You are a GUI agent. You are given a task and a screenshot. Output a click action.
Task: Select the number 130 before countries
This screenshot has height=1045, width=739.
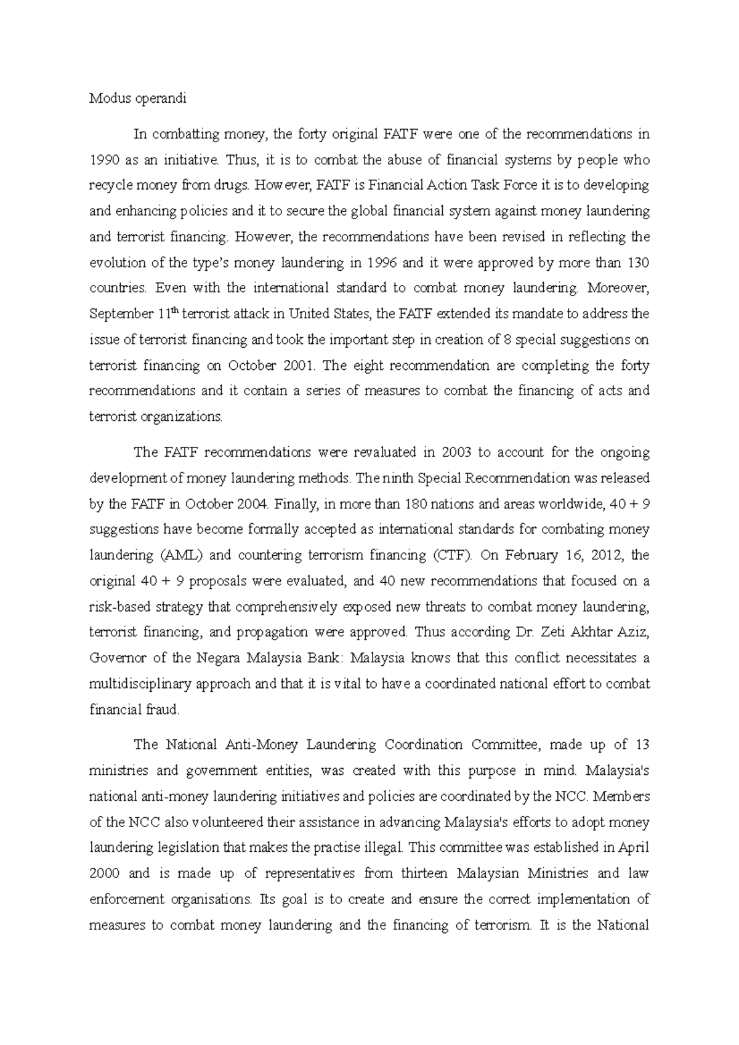pos(637,263)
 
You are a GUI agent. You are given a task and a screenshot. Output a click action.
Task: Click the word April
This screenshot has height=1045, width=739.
pos(634,847)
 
